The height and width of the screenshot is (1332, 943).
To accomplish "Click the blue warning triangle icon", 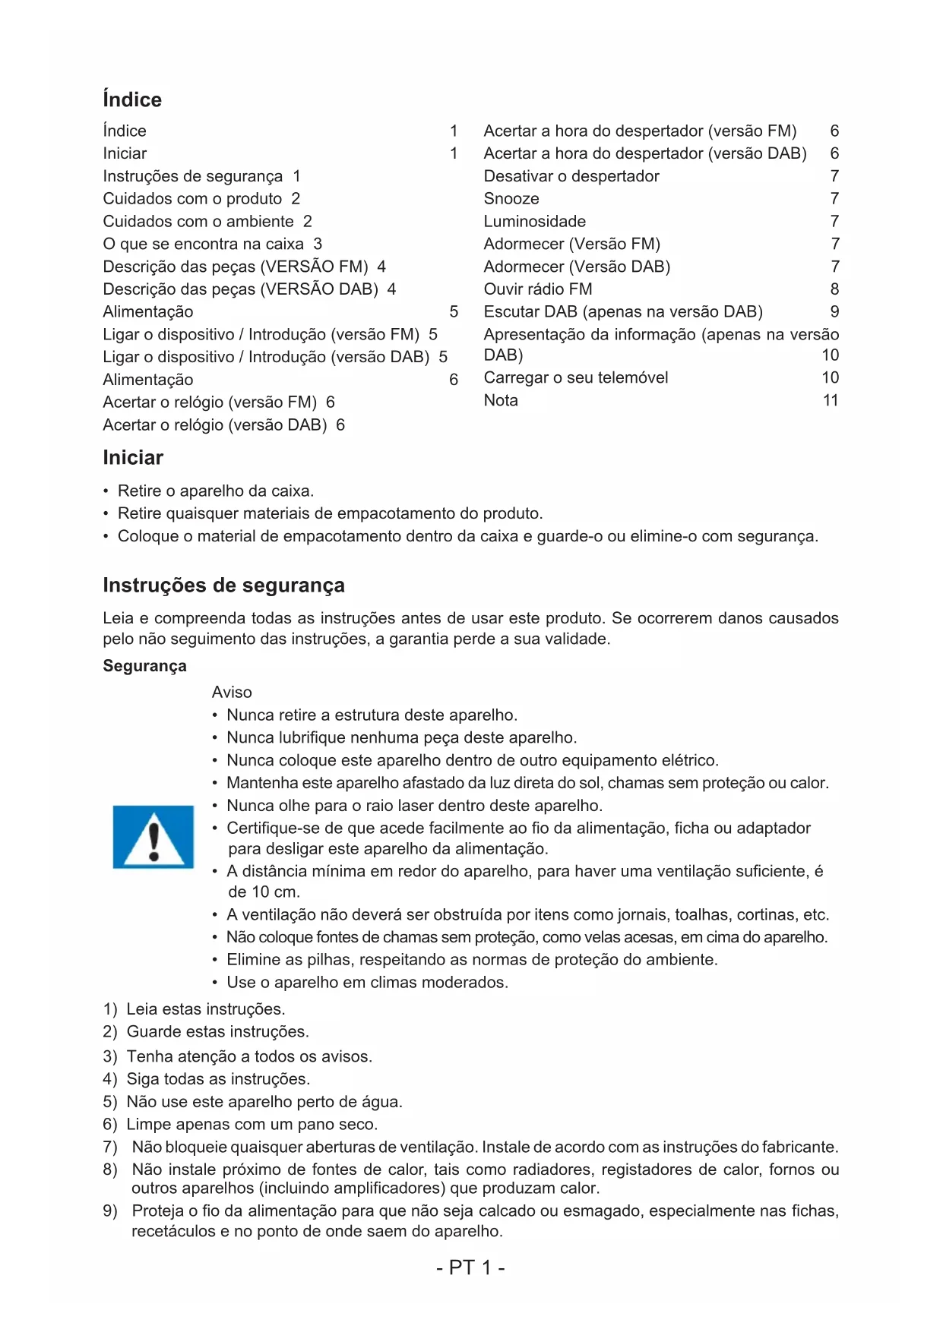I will (153, 836).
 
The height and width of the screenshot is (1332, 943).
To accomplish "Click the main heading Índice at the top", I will (132, 99).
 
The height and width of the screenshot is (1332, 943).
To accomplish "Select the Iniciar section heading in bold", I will (133, 457).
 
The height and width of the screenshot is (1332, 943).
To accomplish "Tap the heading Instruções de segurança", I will (223, 585).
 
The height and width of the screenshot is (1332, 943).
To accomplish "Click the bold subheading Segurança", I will (144, 665).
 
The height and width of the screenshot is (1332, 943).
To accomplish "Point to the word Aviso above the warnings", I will (232, 692).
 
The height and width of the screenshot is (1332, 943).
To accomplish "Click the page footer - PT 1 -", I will (470, 1267).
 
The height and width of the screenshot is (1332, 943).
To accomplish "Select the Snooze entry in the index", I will (511, 198).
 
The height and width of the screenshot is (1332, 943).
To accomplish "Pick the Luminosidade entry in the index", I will (534, 221).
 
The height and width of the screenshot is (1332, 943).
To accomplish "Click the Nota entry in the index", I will (501, 400).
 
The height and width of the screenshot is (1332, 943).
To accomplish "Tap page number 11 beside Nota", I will (831, 400).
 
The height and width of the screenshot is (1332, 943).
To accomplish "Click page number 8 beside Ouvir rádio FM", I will (834, 289).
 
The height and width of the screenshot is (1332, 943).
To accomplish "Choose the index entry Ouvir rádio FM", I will (537, 289).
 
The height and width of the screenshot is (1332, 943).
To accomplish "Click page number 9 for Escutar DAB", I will (834, 311).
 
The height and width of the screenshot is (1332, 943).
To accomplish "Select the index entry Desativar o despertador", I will (571, 175).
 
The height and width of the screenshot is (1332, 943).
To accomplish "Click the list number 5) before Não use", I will (110, 1101).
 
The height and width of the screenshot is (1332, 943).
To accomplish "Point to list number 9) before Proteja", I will (110, 1210).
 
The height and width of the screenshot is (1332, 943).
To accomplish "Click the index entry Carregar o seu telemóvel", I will (575, 377).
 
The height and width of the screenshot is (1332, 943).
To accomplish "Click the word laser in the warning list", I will (413, 805).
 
